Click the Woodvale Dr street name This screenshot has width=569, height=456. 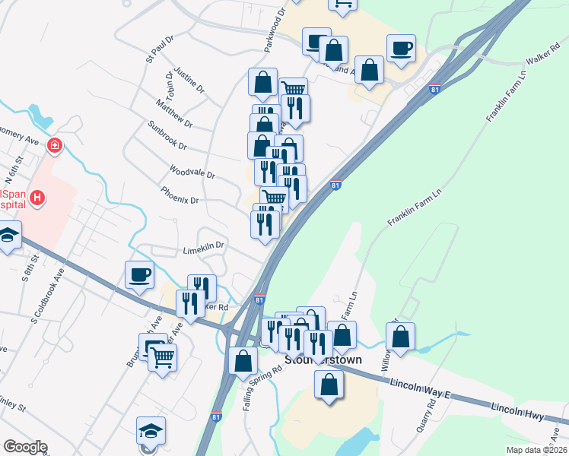pos(193,173)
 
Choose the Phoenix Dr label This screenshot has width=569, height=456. pos(180,196)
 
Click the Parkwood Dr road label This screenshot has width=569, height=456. pos(275,30)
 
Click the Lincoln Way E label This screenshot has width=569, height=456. pos(421,388)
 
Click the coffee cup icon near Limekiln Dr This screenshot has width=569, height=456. pos(141,274)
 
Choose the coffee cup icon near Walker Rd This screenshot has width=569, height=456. pos(401,49)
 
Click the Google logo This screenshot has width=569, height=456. pos(25,447)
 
